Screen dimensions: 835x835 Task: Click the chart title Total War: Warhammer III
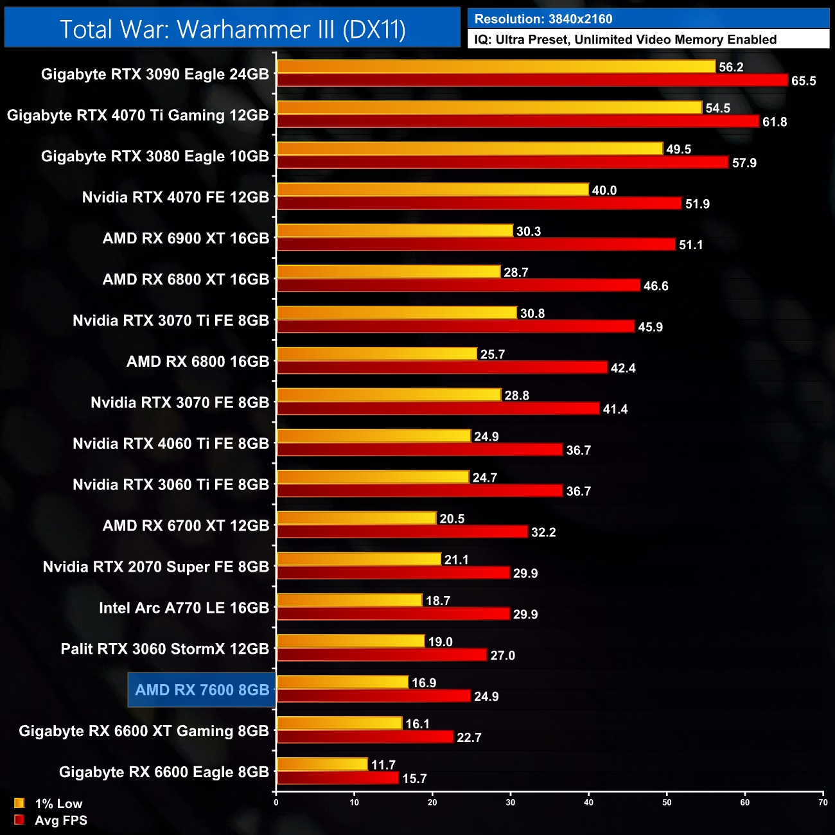pyautogui.click(x=233, y=30)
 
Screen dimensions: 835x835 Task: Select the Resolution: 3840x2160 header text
pyautogui.click(x=543, y=19)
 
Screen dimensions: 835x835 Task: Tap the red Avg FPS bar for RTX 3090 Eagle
pyautogui.click(x=532, y=80)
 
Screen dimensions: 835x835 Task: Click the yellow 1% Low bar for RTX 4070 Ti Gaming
pyautogui.click(x=489, y=108)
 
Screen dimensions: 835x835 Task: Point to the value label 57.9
pyautogui.click(x=744, y=163)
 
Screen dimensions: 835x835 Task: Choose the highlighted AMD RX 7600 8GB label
pyautogui.click(x=202, y=690)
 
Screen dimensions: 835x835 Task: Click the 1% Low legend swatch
pyautogui.click(x=19, y=803)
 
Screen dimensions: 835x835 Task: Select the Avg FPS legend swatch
pyautogui.click(x=19, y=820)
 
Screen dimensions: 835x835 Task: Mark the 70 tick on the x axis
pyautogui.click(x=823, y=802)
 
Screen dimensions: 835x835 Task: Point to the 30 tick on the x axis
pyautogui.click(x=511, y=802)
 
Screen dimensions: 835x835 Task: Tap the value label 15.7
pyautogui.click(x=414, y=779)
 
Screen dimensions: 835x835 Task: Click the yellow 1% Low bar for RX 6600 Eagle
pyautogui.click(x=322, y=764)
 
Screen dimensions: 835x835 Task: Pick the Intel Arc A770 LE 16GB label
pyautogui.click(x=184, y=608)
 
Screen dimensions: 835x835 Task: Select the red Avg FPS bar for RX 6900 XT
pyautogui.click(x=476, y=245)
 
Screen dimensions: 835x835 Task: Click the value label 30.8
pyautogui.click(x=532, y=313)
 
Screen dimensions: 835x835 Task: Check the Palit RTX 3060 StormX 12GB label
pyautogui.click(x=164, y=649)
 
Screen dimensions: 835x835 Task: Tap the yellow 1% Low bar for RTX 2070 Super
pyautogui.click(x=358, y=559)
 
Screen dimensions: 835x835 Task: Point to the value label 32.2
pyautogui.click(x=543, y=532)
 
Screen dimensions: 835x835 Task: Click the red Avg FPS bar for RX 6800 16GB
pyautogui.click(x=442, y=367)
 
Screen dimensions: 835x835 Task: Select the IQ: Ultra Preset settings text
pyautogui.click(x=625, y=40)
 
